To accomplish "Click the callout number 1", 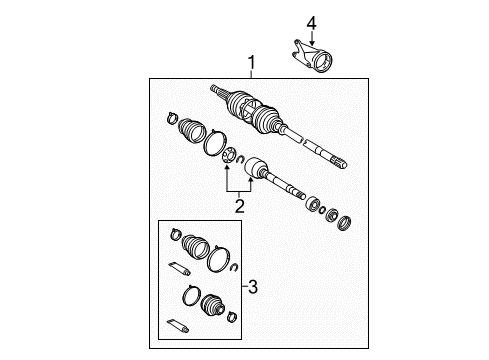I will click(x=251, y=64).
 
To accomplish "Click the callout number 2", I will click(x=239, y=207).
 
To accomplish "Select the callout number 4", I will click(x=310, y=22).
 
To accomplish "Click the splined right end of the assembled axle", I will click(x=337, y=159).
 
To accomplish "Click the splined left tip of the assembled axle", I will click(x=217, y=91).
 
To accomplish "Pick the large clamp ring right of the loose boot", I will click(x=213, y=146).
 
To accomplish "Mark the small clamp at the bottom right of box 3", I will click(x=231, y=318).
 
